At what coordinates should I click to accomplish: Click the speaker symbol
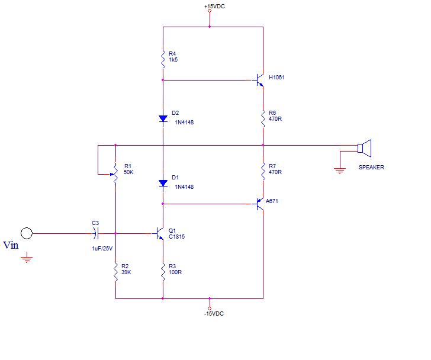365,148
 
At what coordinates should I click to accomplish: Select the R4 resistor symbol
163,59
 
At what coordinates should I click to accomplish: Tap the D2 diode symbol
163,118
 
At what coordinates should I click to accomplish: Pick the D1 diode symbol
163,183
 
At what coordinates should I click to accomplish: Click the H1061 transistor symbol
259,80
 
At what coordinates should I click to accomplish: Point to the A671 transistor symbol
259,204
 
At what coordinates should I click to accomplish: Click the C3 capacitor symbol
95,233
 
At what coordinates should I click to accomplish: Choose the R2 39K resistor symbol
115,272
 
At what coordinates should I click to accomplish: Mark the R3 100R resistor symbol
163,272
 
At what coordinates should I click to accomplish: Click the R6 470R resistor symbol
263,118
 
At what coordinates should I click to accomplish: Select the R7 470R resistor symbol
263,172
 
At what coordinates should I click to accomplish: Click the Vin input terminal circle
27,233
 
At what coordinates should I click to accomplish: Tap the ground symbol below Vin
27,258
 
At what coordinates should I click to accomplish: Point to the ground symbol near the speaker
340,171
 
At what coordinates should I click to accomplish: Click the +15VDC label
214,7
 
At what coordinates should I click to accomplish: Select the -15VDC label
214,314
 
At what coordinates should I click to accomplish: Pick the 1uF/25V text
102,249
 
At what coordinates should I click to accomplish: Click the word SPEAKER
371,168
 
